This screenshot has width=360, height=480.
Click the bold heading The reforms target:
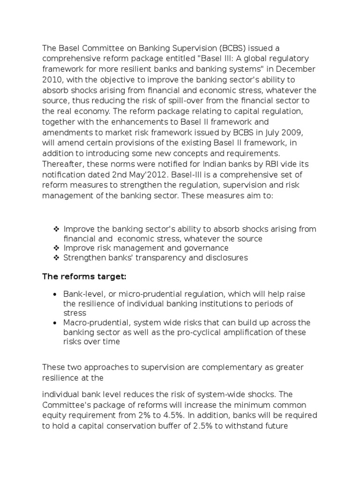(x=84, y=277)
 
